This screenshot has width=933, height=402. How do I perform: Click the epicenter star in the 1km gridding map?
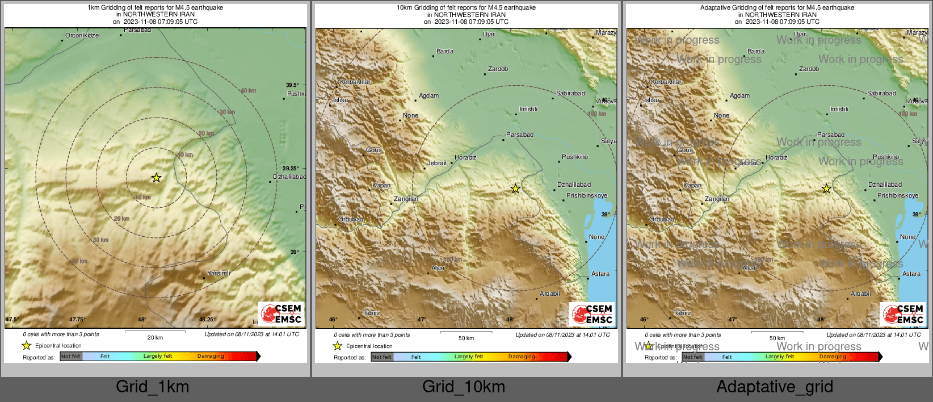(156, 178)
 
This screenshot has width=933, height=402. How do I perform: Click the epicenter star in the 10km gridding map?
(515, 189)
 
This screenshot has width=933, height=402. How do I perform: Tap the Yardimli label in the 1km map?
(218, 273)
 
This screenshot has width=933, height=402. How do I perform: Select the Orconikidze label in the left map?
(82, 35)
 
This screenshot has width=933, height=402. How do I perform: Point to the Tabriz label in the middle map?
(371, 313)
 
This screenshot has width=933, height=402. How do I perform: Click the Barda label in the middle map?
(444, 51)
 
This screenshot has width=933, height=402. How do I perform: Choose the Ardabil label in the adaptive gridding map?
(860, 294)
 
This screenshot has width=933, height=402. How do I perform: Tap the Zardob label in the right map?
(809, 69)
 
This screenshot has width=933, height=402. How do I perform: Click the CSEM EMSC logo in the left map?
(281, 313)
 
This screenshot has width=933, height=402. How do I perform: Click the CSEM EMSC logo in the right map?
(903, 313)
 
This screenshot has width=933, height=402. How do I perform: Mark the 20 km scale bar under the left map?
(155, 331)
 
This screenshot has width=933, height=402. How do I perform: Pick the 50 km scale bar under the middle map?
(466, 332)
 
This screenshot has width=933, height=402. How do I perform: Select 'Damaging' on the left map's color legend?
(211, 356)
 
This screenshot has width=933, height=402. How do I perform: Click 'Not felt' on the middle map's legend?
(382, 357)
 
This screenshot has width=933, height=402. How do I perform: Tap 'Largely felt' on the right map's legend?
(779, 357)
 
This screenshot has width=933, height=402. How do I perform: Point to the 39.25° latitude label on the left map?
(291, 169)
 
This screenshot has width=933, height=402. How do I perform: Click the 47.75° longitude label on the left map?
(77, 320)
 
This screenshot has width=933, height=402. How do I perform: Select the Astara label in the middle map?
(600, 274)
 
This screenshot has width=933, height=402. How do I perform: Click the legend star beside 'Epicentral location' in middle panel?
(338, 346)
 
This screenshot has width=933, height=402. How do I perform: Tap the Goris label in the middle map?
(374, 150)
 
